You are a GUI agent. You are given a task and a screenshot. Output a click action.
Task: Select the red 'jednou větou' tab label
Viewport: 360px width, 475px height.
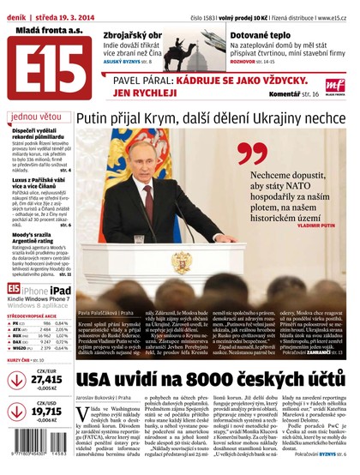click(x=35, y=116)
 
